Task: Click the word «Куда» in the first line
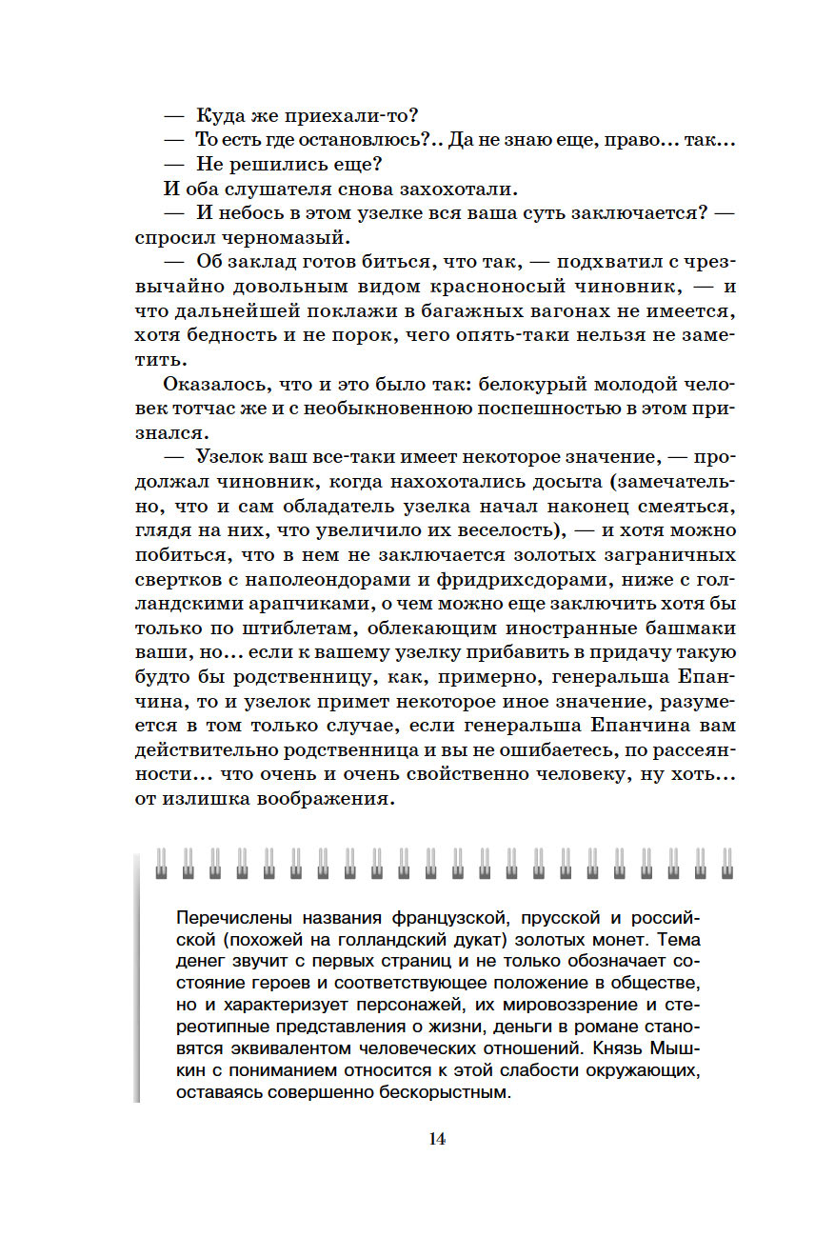pos(221,116)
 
